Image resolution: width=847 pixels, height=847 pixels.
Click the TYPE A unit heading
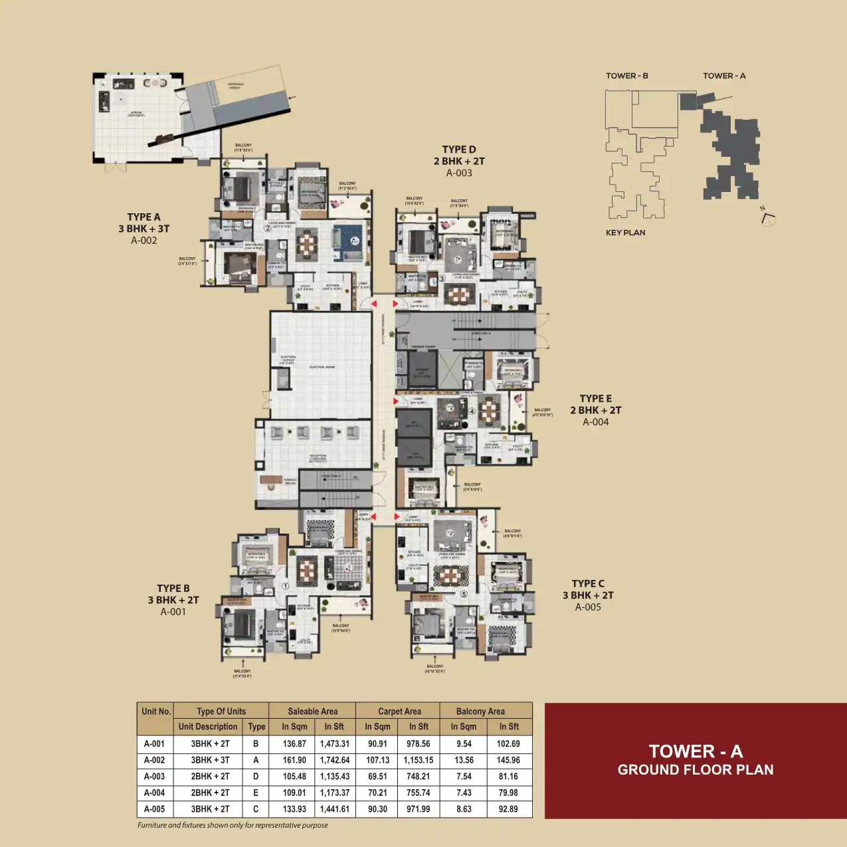[x=143, y=217]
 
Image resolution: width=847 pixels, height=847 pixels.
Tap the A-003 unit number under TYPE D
[x=459, y=173]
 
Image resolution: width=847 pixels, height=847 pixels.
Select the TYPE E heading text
[x=595, y=399]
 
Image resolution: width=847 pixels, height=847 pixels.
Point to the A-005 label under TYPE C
[x=588, y=607]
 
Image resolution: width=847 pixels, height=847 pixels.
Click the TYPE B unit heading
[x=173, y=589]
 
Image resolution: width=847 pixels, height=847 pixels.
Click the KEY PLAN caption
[x=625, y=233]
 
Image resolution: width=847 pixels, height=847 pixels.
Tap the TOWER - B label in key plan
[x=626, y=76]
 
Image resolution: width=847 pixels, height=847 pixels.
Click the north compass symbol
[x=768, y=217]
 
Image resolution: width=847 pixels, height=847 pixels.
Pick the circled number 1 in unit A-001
[x=285, y=587]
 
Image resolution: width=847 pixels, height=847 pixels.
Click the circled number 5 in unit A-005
[x=464, y=595]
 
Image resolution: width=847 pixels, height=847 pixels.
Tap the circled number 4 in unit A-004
[x=472, y=411]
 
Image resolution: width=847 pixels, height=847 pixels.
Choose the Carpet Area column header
[x=399, y=711]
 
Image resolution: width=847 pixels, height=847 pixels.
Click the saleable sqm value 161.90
[x=294, y=760]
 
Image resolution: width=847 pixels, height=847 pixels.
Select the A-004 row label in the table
[x=154, y=793]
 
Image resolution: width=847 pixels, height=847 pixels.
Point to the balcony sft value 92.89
[x=508, y=809]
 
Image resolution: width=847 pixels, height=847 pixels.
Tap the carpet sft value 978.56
[x=418, y=744]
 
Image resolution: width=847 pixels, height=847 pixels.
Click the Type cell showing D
[x=256, y=777]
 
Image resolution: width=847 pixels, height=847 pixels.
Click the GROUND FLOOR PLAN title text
[x=696, y=770]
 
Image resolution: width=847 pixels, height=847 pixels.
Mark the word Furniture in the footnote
[x=151, y=825]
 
